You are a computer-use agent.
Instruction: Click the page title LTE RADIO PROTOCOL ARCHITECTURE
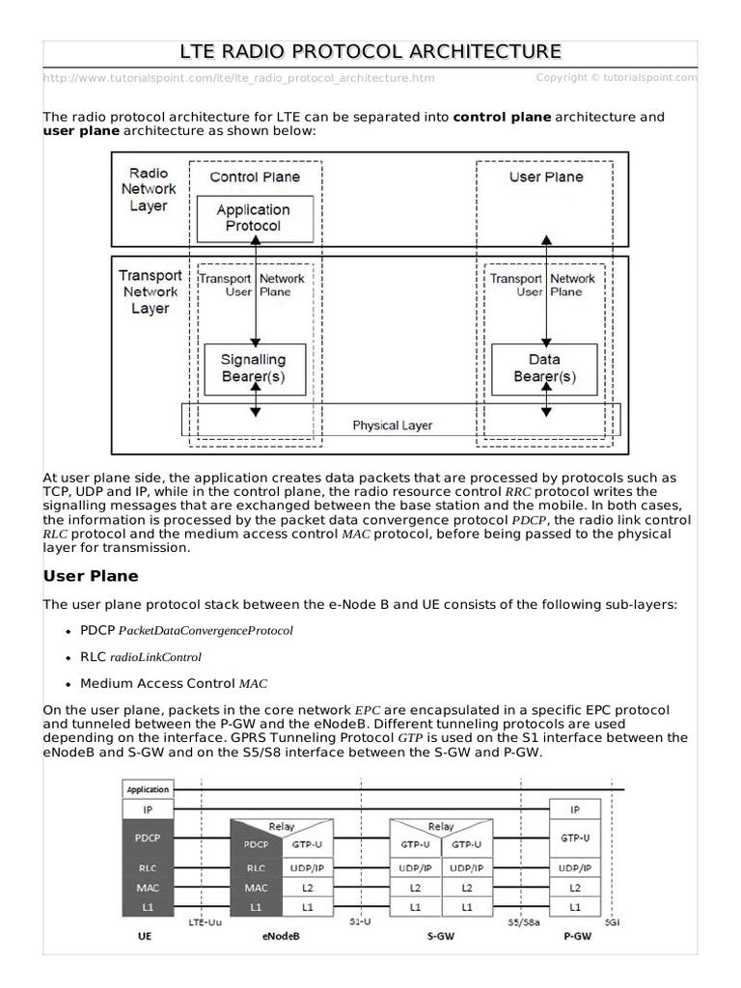tap(370, 51)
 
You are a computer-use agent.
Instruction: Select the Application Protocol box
tap(253, 218)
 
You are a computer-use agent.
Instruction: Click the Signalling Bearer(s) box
tap(254, 368)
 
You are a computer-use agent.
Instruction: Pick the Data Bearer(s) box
tap(544, 368)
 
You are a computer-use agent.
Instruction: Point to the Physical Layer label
tap(392, 425)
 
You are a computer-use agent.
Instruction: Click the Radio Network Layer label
tap(149, 190)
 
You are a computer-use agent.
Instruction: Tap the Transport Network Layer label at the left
tap(150, 292)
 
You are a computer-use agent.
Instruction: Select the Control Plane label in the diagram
tap(255, 177)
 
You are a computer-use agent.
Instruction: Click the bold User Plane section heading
tap(92, 576)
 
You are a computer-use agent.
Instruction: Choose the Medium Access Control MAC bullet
tap(174, 684)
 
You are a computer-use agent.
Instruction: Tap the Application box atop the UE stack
tap(148, 788)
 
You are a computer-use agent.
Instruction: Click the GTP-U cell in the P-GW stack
tap(575, 838)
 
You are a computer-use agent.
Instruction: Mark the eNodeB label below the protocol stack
tap(281, 935)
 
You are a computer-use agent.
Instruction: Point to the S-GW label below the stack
tap(440, 935)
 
